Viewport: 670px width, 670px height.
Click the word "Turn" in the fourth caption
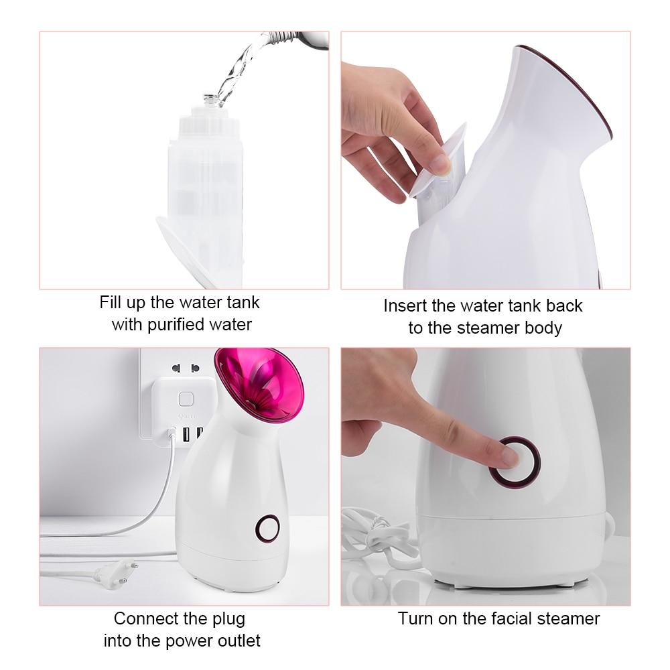415,618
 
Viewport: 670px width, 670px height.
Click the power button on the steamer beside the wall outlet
267,528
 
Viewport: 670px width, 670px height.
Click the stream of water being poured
241,67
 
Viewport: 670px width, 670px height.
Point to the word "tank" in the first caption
243,302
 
